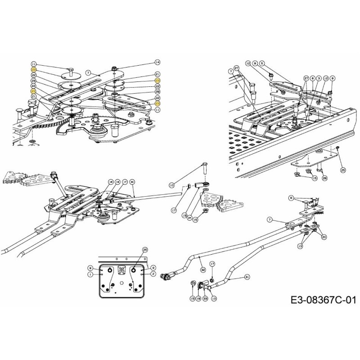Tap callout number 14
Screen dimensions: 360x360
coord(157,62)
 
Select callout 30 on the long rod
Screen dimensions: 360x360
coord(132,181)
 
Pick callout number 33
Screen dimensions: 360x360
coord(205,298)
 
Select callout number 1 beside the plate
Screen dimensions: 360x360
coord(90,274)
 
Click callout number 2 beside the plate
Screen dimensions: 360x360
coord(153,274)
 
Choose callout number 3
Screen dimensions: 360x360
coord(318,78)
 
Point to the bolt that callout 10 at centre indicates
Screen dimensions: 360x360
coord(205,169)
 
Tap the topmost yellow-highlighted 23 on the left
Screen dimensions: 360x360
coord(34,70)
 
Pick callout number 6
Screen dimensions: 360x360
coord(312,78)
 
